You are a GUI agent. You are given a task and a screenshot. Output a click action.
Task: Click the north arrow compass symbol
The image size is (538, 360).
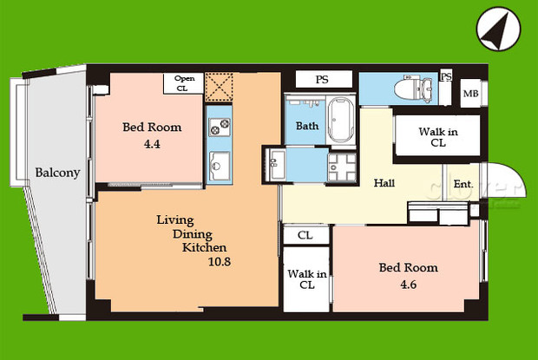click(499, 29)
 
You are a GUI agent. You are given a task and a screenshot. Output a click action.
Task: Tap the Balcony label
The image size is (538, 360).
click(57, 173)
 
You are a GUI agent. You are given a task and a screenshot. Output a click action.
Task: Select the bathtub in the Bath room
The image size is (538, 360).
click(340, 121)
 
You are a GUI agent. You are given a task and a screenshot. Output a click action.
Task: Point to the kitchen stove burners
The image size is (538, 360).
click(220, 127)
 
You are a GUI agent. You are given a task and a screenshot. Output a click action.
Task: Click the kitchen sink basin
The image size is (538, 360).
click(220, 166)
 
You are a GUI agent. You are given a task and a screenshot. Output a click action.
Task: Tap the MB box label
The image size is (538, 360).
click(470, 94)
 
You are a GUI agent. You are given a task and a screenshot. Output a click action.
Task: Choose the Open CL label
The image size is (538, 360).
click(184, 83)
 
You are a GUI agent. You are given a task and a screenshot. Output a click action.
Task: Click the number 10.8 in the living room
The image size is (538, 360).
click(220, 262)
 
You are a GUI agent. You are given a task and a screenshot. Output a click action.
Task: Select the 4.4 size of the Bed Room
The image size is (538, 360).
click(152, 144)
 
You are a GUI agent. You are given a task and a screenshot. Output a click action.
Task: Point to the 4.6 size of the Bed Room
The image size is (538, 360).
click(409, 285)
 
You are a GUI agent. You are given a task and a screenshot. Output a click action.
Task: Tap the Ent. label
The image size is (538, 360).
click(463, 184)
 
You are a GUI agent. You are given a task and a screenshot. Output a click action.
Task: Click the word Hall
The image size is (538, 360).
click(384, 183)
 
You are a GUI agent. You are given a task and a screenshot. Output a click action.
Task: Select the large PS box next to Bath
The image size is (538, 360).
click(324, 79)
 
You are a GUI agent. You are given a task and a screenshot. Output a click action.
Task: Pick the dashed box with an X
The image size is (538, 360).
click(219, 87)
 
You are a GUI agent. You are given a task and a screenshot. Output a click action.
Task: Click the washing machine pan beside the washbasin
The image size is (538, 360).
click(342, 167)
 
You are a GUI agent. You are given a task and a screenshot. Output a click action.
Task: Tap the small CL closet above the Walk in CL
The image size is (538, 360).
click(305, 235)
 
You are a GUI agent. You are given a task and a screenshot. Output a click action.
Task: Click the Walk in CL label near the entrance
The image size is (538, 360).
click(438, 137)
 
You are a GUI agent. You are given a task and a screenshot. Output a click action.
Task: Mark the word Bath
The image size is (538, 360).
click(307, 126)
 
